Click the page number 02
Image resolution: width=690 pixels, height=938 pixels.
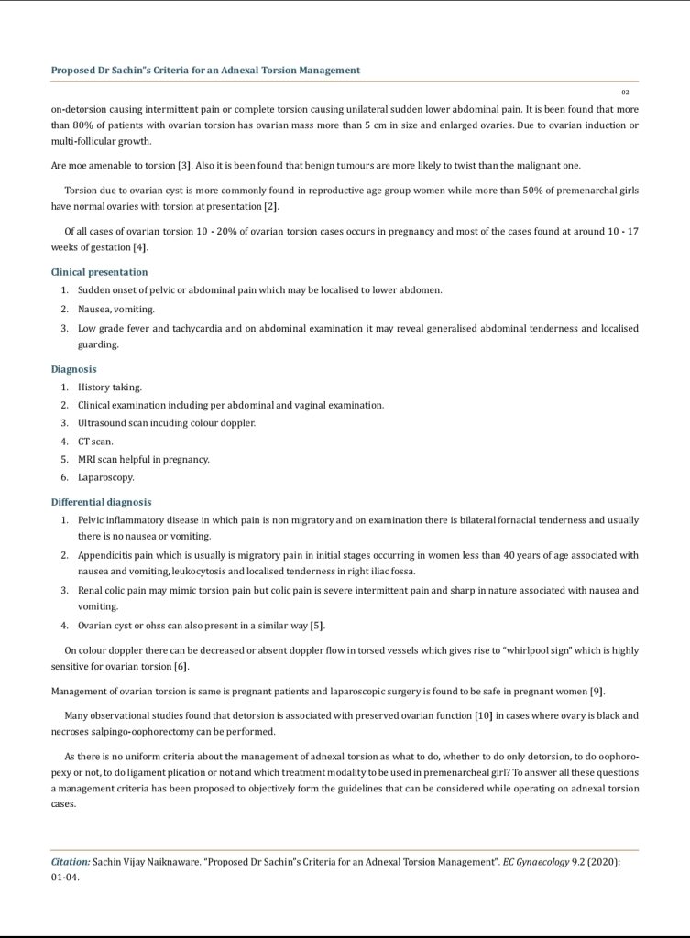625,93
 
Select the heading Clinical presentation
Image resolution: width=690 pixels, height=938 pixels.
99,272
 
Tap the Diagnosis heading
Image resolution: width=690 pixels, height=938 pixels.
73,369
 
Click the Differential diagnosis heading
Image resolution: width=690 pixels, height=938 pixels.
101,502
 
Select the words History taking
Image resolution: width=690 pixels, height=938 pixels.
110,387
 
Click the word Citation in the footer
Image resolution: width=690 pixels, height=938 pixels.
70,862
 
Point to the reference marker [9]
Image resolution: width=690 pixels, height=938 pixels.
597,690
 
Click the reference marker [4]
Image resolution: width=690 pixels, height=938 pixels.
139,248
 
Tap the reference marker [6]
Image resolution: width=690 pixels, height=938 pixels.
181,665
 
